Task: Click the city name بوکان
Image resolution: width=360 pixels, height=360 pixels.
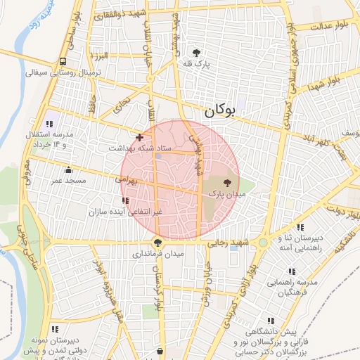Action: tap(220, 111)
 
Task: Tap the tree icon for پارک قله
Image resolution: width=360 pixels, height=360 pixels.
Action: tap(196, 53)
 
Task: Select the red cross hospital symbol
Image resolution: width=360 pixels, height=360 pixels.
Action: tap(140, 137)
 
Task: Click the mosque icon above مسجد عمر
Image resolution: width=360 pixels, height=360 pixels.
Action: tap(68, 169)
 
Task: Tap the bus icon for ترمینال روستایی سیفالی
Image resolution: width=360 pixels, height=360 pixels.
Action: tap(63, 62)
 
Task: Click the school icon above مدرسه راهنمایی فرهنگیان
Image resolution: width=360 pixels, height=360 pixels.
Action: tap(292, 271)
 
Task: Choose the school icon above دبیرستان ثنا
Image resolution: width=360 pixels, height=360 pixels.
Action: tap(300, 227)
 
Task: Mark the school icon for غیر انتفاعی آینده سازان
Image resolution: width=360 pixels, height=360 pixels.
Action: tap(125, 200)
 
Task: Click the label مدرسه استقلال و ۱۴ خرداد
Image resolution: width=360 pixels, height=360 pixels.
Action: tap(56, 139)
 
